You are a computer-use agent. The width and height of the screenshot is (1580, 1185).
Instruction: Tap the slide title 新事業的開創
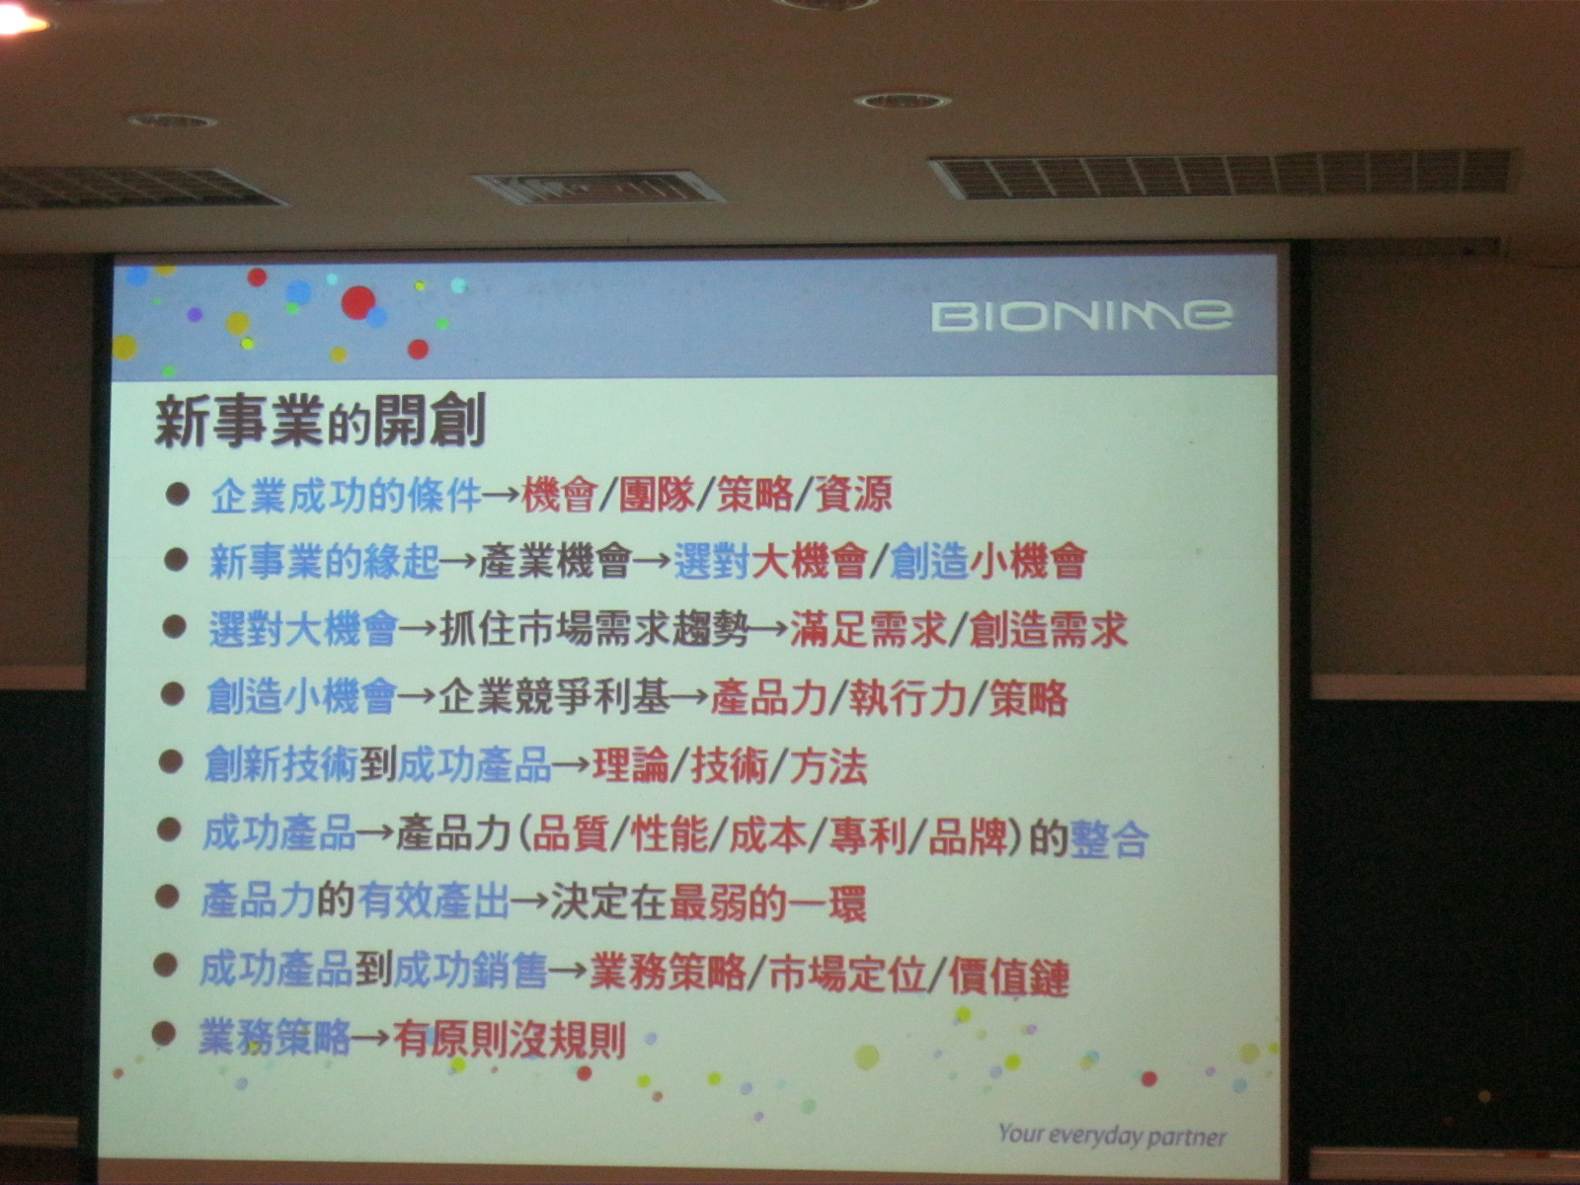320,422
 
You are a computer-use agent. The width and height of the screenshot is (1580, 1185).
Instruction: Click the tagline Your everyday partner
1112,1135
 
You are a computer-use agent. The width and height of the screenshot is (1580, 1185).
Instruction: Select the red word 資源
854,494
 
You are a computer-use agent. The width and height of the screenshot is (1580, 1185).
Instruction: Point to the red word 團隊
658,494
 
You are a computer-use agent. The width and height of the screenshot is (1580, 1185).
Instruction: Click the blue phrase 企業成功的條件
347,495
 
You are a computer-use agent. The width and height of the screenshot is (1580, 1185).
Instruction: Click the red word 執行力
908,697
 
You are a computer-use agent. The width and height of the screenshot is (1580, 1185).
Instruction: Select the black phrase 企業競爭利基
554,697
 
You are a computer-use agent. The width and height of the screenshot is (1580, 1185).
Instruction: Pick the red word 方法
829,765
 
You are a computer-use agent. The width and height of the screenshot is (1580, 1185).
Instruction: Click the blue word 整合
1109,838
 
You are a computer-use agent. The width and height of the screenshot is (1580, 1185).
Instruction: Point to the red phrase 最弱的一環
767,903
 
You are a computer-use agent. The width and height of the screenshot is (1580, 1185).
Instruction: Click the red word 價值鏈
1009,977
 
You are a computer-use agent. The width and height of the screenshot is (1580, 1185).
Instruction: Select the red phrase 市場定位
847,975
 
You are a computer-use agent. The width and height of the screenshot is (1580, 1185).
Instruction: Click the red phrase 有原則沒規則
510,1040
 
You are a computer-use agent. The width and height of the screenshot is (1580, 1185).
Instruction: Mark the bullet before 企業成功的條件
177,494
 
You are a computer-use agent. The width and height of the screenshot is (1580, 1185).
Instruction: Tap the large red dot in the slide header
357,302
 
